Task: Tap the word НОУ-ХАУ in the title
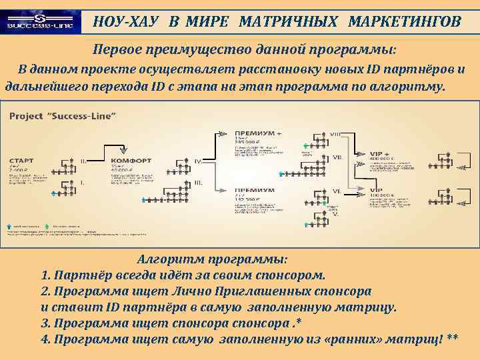point(126,22)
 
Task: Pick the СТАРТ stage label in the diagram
point(25,161)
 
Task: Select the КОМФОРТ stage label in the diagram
point(131,161)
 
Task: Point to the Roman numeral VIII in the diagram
point(337,135)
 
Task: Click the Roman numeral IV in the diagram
point(198,161)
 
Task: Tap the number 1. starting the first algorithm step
point(45,275)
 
